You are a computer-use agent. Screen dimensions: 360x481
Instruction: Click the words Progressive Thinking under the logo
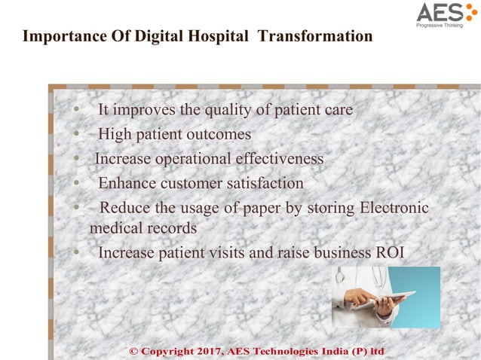click(443, 25)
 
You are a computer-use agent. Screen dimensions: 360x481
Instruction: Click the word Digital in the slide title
click(142, 36)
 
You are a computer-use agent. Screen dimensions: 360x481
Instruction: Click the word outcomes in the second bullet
click(219, 135)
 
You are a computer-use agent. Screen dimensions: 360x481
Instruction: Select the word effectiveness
click(279, 160)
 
